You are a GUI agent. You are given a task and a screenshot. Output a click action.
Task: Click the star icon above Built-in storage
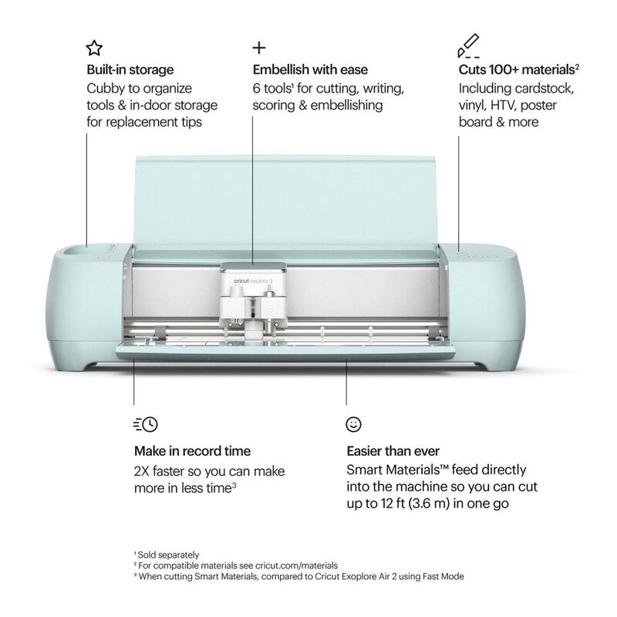pyautogui.click(x=94, y=48)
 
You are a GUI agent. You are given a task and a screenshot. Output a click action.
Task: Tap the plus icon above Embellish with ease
pyautogui.click(x=259, y=48)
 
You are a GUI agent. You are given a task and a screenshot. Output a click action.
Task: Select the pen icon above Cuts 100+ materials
pyautogui.click(x=468, y=46)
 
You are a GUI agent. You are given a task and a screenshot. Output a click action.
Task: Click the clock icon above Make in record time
pyautogui.click(x=146, y=424)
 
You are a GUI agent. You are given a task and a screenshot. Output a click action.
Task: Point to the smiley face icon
pyautogui.click(x=353, y=424)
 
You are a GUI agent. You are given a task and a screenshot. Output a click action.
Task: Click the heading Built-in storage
pyautogui.click(x=130, y=69)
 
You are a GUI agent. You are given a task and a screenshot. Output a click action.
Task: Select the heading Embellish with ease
pyautogui.click(x=310, y=69)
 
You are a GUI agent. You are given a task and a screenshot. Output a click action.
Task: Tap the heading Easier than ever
pyautogui.click(x=393, y=451)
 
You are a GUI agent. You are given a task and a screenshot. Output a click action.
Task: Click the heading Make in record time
pyautogui.click(x=192, y=451)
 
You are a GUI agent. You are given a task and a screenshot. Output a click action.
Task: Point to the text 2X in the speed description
pyautogui.click(x=141, y=471)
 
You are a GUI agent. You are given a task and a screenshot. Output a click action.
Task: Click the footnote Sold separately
pyautogui.click(x=168, y=555)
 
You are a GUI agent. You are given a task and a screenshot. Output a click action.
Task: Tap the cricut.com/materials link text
pyautogui.click(x=296, y=565)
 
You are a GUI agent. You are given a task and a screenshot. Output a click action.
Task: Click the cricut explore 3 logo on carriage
pyautogui.click(x=253, y=281)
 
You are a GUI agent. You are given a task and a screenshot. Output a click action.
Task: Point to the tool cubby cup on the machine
pyautogui.click(x=76, y=251)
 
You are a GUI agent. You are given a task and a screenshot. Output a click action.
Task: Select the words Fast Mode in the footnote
pyautogui.click(x=443, y=576)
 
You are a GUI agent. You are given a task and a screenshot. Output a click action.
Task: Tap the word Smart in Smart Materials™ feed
pyautogui.click(x=364, y=470)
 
